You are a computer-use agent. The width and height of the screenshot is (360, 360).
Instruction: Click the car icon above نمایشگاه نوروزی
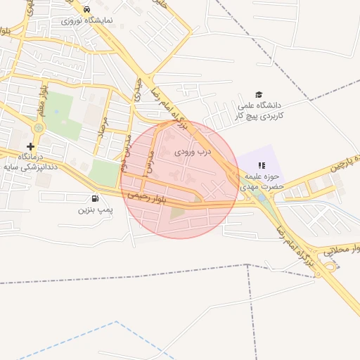pyautogui.click(x=86, y=10)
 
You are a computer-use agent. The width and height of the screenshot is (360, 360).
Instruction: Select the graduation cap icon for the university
pyautogui.click(x=259, y=95)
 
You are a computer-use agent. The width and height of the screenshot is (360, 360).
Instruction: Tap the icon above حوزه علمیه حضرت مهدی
pyautogui.click(x=251, y=165)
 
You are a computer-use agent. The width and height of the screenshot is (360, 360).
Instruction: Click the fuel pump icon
pyautogui.click(x=95, y=198)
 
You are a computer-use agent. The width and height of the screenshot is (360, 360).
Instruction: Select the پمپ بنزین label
pyautogui.click(x=94, y=210)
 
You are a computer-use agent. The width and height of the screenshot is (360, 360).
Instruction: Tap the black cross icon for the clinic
pyautogui.click(x=30, y=146)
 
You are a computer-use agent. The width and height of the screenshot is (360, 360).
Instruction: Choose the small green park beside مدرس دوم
pyautogui.click(x=104, y=173)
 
